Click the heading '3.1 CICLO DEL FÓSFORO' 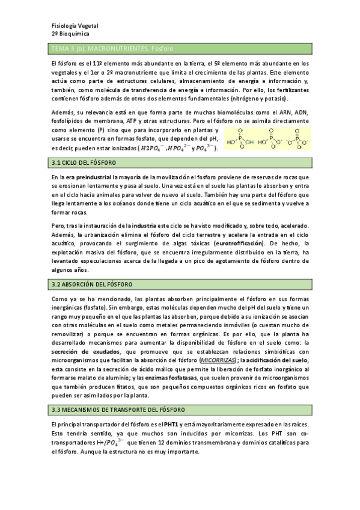(84, 163)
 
